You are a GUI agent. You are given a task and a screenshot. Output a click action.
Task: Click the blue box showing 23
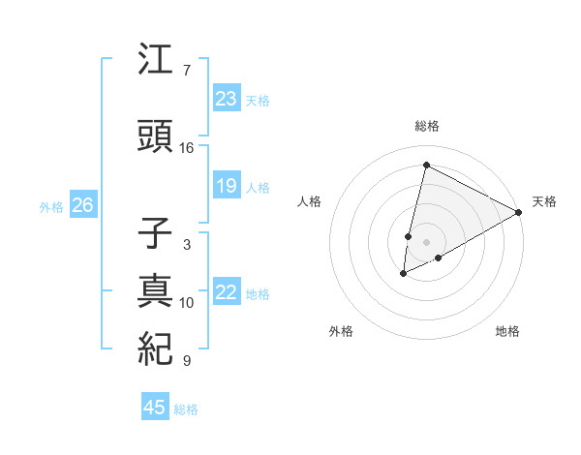click(227, 98)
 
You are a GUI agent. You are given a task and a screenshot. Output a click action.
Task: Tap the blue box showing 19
click(227, 186)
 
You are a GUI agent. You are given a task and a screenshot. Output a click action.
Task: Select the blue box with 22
click(227, 292)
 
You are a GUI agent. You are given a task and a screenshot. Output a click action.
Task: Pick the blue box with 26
click(82, 205)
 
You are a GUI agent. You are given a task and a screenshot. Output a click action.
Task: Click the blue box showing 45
click(155, 408)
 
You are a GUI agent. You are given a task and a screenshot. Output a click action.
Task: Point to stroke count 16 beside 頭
click(187, 148)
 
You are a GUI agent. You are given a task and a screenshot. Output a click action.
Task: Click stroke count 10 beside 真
click(187, 303)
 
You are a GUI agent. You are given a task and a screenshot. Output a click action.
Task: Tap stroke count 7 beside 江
click(187, 71)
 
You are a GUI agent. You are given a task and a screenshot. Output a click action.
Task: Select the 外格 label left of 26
click(51, 206)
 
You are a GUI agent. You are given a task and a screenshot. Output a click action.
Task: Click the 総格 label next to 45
click(187, 409)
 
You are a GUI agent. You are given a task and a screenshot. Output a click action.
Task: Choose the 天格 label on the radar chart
click(544, 201)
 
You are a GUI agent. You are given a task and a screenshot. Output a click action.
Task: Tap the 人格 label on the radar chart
click(309, 201)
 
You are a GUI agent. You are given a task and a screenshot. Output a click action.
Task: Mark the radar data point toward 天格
click(519, 211)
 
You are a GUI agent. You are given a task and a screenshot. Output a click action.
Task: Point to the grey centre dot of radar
click(426, 241)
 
